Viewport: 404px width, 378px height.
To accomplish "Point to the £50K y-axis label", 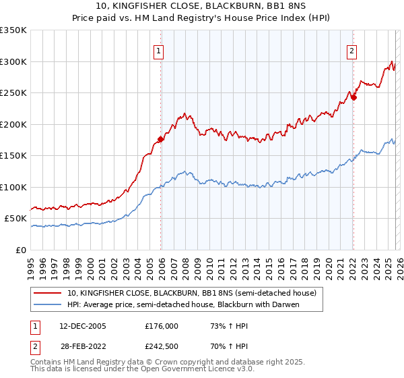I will tap(15, 219).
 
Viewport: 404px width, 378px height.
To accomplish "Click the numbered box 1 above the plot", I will tap(159, 50).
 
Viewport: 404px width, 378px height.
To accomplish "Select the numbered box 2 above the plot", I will tap(352, 50).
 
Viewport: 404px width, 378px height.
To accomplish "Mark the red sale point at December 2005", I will tap(161, 140).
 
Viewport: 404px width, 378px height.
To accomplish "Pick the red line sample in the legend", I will tap(48, 293).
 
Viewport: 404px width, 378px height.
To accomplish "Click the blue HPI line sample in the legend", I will tap(48, 304).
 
